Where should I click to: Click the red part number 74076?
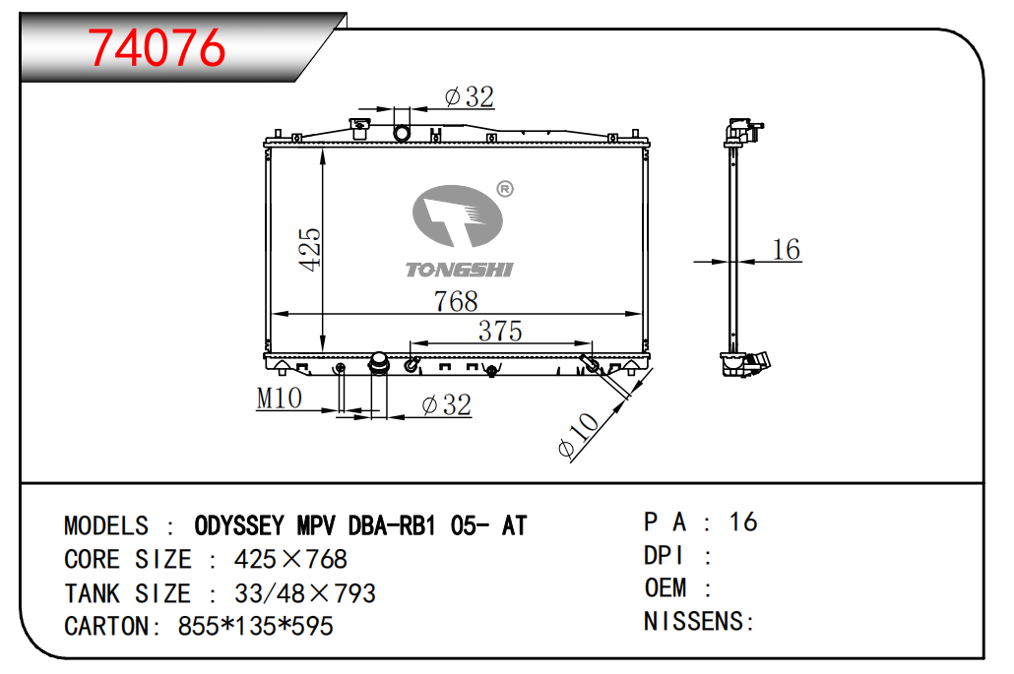(157, 48)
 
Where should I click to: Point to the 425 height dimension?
(310, 249)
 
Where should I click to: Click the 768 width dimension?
(456, 301)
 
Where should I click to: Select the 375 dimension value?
(500, 331)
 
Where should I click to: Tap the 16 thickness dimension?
(787, 250)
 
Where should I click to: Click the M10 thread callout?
(279, 398)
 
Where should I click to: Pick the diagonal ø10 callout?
(578, 436)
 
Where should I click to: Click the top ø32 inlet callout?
(470, 97)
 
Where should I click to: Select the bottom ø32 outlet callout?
(446, 405)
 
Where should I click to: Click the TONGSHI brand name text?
(459, 271)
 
